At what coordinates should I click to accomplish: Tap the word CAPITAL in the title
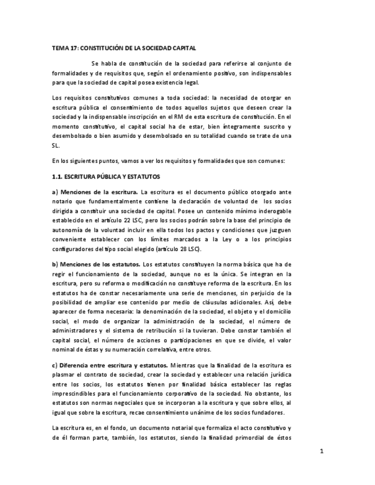tap(184, 49)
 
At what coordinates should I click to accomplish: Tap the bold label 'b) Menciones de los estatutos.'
tap(96, 264)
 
